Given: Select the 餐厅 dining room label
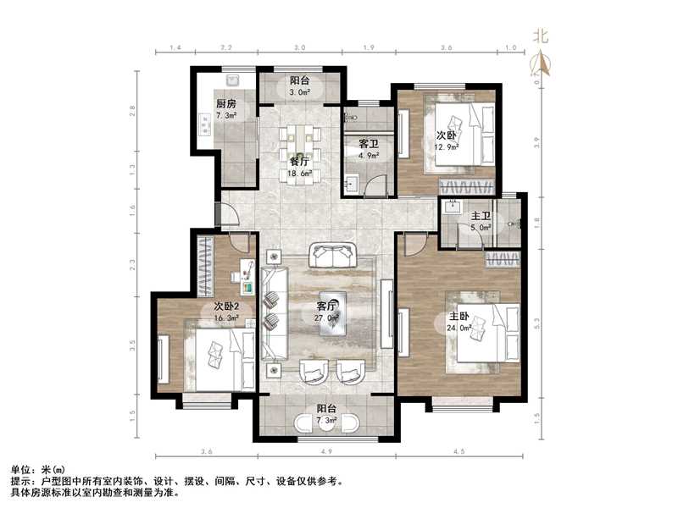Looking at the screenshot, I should (298, 161).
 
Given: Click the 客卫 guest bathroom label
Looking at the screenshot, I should (368, 145).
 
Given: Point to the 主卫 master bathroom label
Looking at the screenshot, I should (481, 216).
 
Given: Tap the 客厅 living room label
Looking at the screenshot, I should (326, 306).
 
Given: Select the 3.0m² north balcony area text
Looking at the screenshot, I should (301, 93).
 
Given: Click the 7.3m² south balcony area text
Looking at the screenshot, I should (326, 420).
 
